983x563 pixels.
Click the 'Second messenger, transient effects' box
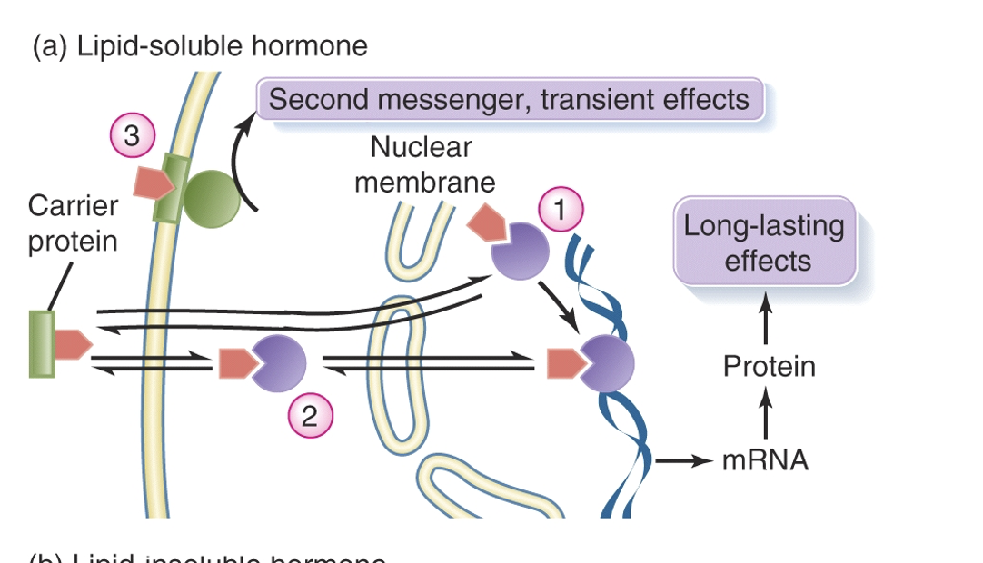(510, 99)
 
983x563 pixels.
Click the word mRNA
(765, 460)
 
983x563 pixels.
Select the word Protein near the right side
(769, 367)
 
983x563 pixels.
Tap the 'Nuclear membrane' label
(424, 164)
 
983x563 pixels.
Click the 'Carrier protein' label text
(73, 223)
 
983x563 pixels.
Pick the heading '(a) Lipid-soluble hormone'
(200, 46)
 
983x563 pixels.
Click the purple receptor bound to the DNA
(607, 363)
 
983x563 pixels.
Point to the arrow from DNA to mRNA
(681, 461)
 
